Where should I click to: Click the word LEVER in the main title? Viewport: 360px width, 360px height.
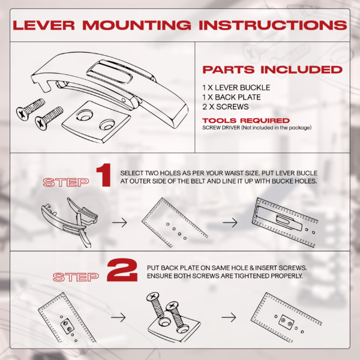click(x=44, y=25)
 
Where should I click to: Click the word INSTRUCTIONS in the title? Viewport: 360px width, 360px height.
click(x=273, y=25)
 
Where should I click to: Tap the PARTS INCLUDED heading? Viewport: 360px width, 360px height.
click(x=272, y=70)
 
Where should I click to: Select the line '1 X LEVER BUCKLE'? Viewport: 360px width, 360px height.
click(x=236, y=88)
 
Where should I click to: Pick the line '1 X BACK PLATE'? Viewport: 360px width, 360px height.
click(x=232, y=97)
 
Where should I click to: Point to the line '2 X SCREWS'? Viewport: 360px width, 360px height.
click(x=226, y=107)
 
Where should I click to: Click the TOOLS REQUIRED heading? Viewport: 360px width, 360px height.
click(x=246, y=121)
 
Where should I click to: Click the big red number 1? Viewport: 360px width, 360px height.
click(x=104, y=175)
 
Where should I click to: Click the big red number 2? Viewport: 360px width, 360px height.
click(x=122, y=270)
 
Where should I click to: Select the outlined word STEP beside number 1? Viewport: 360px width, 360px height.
click(x=66, y=182)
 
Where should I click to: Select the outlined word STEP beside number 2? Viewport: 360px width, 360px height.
click(x=76, y=277)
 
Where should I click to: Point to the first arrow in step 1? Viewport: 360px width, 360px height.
click(x=119, y=222)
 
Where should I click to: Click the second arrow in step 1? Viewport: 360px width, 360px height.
click(x=230, y=222)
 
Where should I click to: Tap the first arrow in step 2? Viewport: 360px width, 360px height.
click(x=118, y=317)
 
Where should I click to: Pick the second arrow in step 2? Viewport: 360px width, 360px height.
click(x=229, y=317)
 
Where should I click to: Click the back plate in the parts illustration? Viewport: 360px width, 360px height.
click(x=97, y=122)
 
